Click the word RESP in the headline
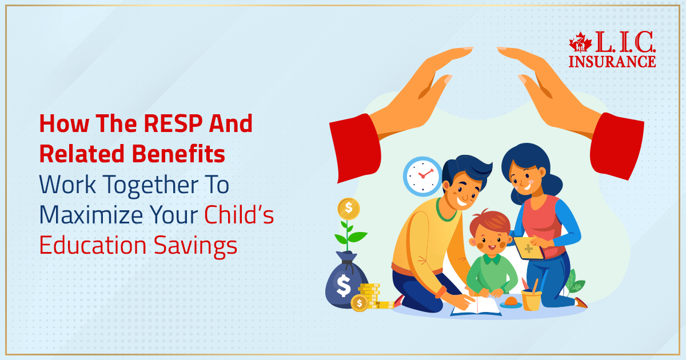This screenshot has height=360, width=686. (173, 123)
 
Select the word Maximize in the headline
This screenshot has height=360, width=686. (91, 215)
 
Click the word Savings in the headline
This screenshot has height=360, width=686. (196, 246)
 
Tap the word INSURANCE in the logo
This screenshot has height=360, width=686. (612, 62)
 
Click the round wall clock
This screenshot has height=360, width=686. (422, 177)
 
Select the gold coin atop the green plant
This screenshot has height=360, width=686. (349, 209)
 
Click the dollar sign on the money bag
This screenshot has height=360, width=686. (344, 285)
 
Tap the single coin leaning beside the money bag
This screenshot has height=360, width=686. (360, 303)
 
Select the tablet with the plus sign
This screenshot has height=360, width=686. (528, 249)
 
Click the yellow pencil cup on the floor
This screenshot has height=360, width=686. (531, 301)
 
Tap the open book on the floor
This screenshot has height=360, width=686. (476, 306)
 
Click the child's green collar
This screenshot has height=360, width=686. (492, 259)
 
